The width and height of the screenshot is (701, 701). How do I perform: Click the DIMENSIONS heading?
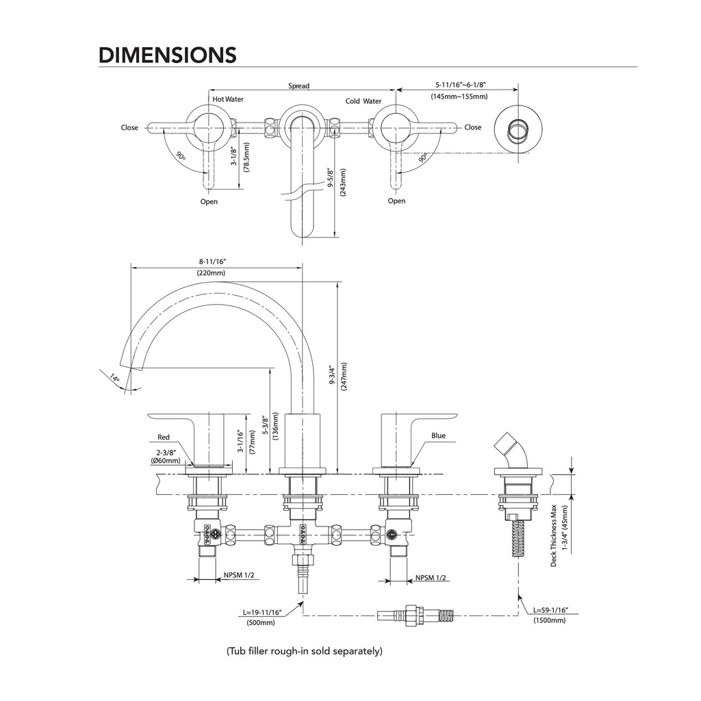(x=167, y=55)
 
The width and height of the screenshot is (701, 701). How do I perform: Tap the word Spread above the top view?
(x=298, y=86)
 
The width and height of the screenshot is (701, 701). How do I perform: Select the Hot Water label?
(x=228, y=99)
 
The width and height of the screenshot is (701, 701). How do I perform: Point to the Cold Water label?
(x=364, y=101)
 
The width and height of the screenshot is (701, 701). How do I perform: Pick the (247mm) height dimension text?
(x=344, y=377)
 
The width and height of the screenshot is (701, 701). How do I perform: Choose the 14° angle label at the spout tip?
(x=115, y=377)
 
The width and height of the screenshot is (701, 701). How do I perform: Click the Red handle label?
(x=164, y=437)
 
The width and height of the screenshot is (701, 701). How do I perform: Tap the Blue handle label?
(x=439, y=435)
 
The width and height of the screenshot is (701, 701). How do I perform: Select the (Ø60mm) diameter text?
(x=166, y=461)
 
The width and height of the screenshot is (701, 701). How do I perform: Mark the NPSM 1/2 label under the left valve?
(x=239, y=575)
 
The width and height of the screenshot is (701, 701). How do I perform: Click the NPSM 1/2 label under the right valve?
(x=431, y=578)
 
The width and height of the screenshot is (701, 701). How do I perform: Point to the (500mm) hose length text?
(x=261, y=622)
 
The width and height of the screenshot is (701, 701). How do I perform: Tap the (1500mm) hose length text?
(x=550, y=620)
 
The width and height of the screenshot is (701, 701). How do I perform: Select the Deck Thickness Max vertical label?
(x=553, y=535)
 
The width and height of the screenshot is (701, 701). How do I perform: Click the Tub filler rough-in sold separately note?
(x=305, y=651)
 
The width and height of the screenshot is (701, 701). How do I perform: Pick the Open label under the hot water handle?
(x=209, y=202)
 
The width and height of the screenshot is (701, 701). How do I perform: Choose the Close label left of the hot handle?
(x=129, y=127)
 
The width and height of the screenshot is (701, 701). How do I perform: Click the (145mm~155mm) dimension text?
(x=459, y=96)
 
